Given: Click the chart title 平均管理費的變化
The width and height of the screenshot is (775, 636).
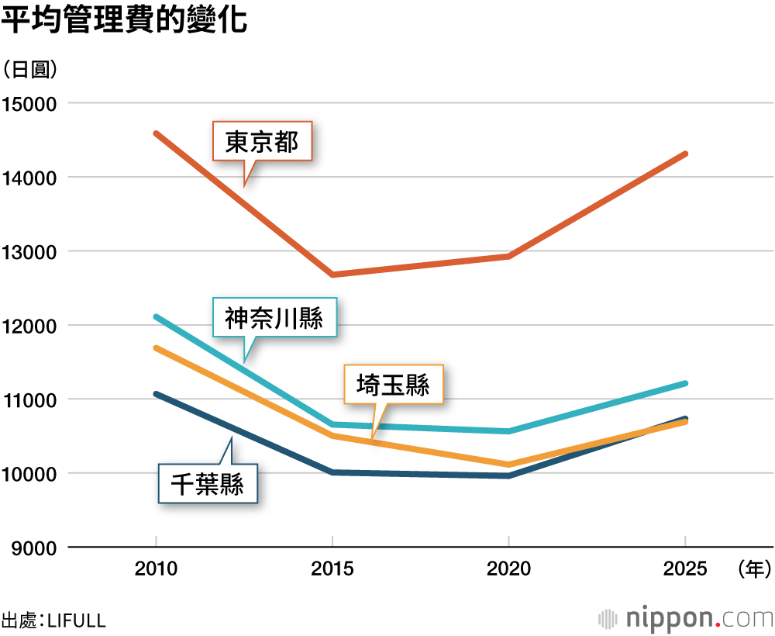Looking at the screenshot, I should pos(125,21).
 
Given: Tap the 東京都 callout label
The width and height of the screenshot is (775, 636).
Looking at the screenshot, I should pos(262,142).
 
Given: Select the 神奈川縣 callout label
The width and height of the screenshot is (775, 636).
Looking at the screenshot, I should pos(274,317).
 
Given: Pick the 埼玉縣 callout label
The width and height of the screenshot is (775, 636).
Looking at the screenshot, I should pos(393,384).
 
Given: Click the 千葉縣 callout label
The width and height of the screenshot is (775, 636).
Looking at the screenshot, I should pos(207,484).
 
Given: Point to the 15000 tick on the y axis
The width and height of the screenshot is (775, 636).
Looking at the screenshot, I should pos(31,103).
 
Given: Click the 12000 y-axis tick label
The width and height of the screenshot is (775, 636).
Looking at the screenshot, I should pos(31,326).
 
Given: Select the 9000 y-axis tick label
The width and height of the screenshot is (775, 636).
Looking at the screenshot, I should pos(36,548).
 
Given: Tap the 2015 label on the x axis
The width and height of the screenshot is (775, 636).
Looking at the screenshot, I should pos(332,569).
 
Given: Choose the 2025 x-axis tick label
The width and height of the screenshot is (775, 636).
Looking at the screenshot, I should pos(685,569).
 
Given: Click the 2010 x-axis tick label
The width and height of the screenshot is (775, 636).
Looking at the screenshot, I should pos(156,569).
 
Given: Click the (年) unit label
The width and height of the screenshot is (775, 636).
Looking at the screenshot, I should pos(753,569).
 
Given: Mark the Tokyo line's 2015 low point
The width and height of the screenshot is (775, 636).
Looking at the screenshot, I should pos(332,275).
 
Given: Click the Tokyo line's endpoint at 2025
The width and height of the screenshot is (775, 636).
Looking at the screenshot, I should pos(685,154).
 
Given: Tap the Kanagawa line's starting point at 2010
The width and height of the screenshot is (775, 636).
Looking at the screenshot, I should pos(157,316).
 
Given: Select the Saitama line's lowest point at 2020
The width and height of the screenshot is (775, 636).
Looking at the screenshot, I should pos(508,465).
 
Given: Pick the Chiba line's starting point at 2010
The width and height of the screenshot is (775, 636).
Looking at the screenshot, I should pos(157,394).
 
